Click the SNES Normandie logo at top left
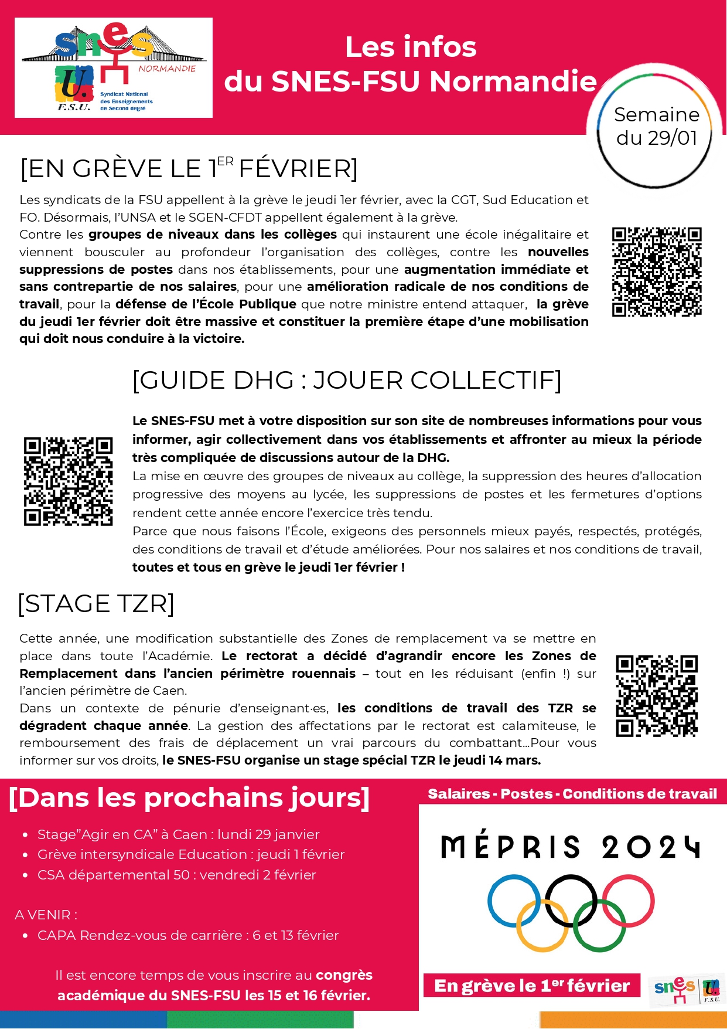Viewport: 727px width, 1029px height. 113,67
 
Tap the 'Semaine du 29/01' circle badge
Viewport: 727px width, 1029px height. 656,126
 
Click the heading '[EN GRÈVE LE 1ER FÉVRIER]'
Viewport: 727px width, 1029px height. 189,168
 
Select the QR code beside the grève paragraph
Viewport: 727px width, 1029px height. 657,271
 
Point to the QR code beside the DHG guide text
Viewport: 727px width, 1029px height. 68,481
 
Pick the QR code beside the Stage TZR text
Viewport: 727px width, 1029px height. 657,695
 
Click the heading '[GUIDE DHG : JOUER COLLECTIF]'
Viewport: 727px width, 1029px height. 347,380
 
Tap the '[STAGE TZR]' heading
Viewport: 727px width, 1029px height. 96,603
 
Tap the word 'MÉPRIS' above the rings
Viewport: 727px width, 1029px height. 510,847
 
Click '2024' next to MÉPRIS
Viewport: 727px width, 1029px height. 650,847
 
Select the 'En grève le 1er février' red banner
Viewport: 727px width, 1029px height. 531,986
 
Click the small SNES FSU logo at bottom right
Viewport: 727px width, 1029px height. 687,989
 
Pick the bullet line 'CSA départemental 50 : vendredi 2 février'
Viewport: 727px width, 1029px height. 176,875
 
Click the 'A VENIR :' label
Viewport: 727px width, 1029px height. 46,915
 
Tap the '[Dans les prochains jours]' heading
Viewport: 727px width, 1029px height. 189,798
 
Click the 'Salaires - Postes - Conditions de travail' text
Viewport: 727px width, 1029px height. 572,794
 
